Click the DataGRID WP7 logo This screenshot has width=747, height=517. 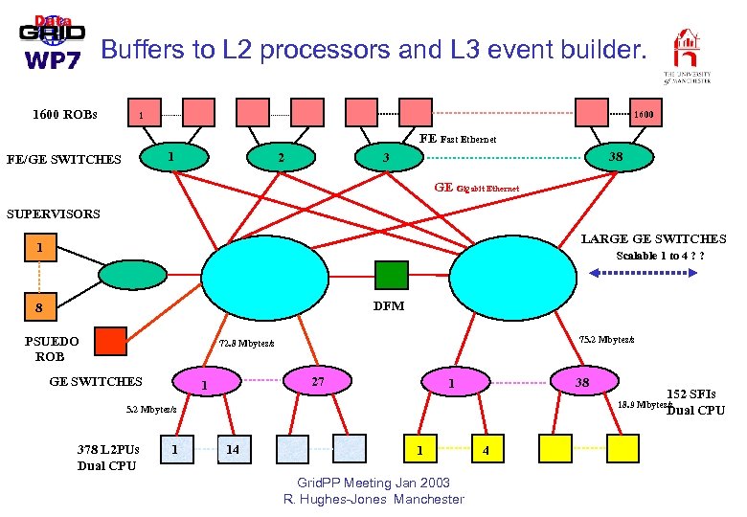pos(53,43)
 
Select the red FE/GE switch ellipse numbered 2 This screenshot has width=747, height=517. pos(279,158)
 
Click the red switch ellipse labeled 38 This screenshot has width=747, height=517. pos(618,155)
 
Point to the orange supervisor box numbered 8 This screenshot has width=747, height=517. pos(38,308)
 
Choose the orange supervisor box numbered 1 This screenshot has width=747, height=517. pos(38,248)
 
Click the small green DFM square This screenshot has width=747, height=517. pos(391,275)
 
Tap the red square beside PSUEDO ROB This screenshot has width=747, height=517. pos(110,341)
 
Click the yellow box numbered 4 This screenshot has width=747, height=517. pos(487,448)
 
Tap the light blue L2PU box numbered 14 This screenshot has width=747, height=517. pos(231,448)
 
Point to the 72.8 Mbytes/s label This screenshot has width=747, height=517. pos(246,343)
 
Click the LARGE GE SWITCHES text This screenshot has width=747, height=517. pos(654,238)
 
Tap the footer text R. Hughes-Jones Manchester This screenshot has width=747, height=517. pos(373,499)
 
